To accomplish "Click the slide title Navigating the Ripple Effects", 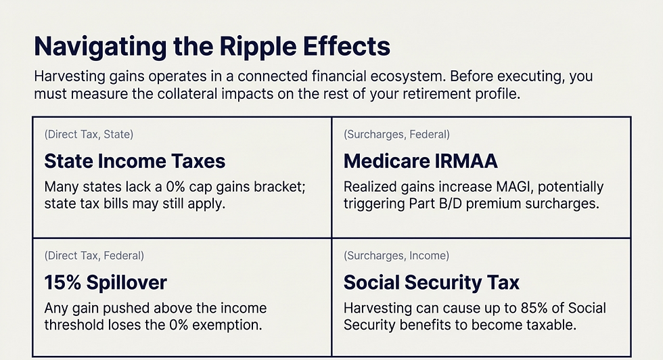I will click(212, 47).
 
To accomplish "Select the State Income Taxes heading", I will click(135, 161).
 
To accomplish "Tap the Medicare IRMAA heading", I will click(420, 161).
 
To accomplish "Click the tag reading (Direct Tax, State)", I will click(89, 135).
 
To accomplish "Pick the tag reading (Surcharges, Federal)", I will click(396, 135).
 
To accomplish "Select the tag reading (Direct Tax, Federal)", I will click(94, 256).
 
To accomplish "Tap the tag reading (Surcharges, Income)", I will click(396, 256).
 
